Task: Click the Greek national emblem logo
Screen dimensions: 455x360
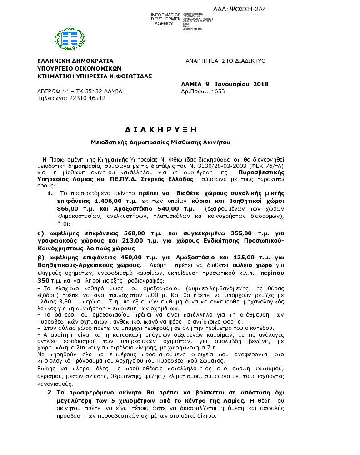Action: click(x=70, y=39)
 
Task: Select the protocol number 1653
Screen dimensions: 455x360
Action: click(x=218, y=91)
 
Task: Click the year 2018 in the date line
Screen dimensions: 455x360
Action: click(x=260, y=84)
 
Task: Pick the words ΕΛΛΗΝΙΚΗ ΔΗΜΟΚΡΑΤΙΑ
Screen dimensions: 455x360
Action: click(x=75, y=61)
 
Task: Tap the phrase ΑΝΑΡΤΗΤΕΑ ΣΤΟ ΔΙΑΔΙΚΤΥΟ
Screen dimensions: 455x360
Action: click(x=225, y=61)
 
